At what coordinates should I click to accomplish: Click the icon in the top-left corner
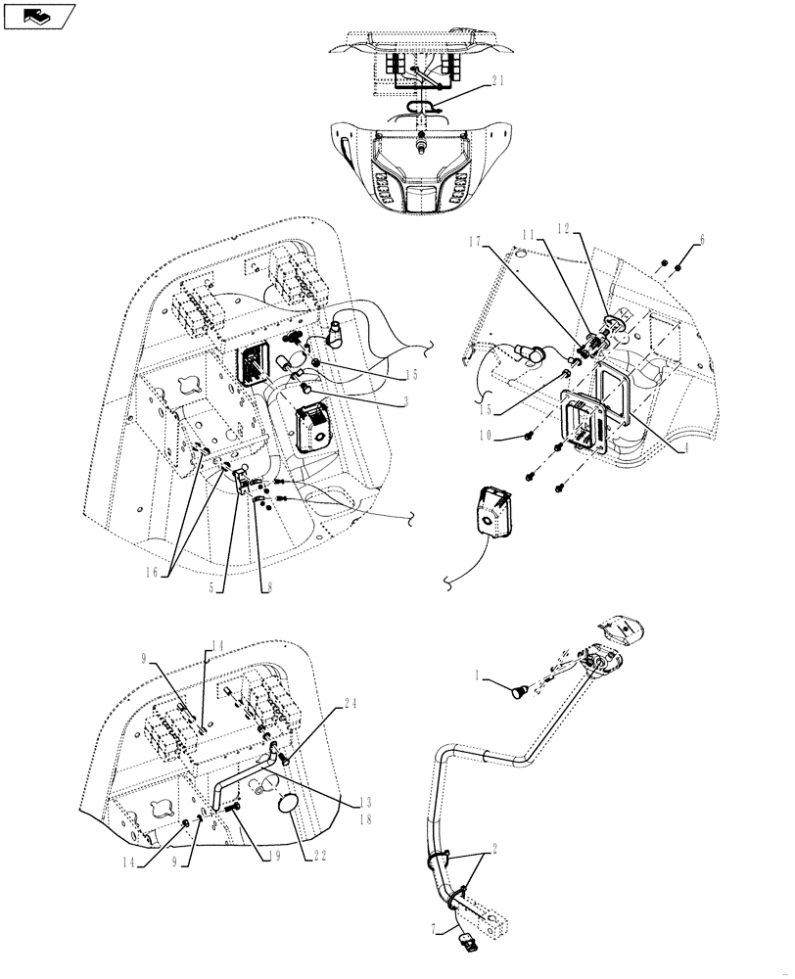pos(39,15)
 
